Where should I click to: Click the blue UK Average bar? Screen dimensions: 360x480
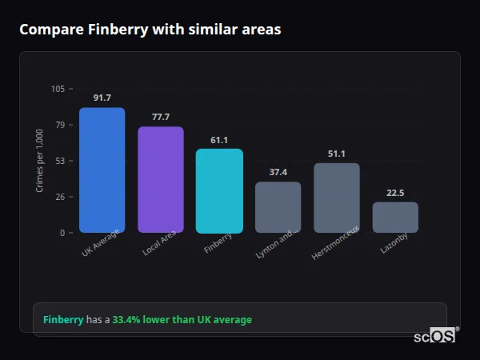click(x=102, y=170)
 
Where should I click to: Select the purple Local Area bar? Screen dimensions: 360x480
click(x=161, y=180)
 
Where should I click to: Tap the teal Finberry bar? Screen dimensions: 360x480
click(x=219, y=191)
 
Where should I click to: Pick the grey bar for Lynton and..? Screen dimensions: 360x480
click(x=278, y=207)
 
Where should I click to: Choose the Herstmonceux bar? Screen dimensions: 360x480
click(x=337, y=198)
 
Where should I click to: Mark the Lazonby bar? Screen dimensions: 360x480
click(x=395, y=218)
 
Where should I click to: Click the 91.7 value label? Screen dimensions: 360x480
click(x=102, y=98)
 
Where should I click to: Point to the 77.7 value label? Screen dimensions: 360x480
click(x=161, y=117)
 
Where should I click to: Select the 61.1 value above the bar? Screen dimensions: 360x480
click(x=219, y=139)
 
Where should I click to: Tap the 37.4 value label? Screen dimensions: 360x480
click(x=278, y=172)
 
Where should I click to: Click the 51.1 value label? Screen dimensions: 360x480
click(x=337, y=154)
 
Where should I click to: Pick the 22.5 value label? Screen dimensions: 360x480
click(x=395, y=192)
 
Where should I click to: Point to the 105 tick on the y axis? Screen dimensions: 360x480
click(x=58, y=89)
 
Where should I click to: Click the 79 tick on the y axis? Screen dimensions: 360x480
click(x=60, y=125)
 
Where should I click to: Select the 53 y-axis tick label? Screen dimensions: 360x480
click(x=60, y=161)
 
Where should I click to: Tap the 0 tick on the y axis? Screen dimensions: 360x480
click(x=62, y=233)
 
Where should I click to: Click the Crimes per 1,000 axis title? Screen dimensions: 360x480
click(x=40, y=161)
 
